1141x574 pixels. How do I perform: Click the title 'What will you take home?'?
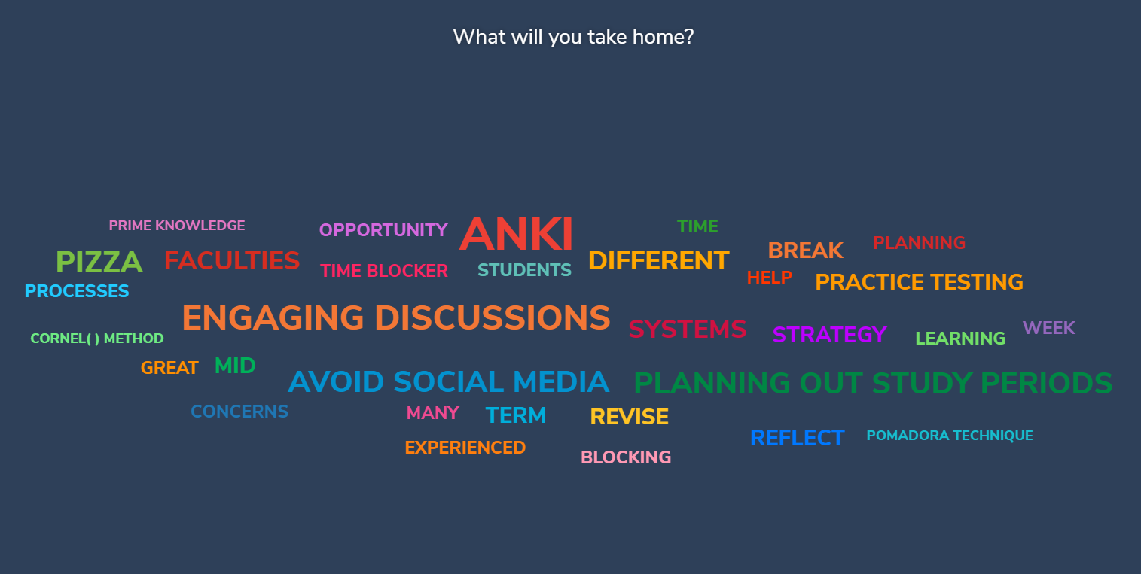point(573,37)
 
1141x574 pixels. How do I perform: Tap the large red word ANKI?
point(516,234)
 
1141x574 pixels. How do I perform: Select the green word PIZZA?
point(99,262)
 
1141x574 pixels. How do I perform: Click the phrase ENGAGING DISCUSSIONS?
point(396,317)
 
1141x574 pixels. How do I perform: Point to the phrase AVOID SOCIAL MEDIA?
point(448,381)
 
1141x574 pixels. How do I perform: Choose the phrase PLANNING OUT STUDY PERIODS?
point(873,383)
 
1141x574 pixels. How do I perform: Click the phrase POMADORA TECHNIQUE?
point(950,436)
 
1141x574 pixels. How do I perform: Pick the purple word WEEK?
point(1049,328)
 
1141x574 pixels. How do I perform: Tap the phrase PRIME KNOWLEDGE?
point(177,226)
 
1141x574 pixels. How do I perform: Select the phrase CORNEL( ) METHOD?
point(97,339)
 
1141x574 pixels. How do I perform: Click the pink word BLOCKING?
point(626,457)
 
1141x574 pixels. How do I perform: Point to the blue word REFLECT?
point(797,438)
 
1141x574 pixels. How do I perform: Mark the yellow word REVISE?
point(629,417)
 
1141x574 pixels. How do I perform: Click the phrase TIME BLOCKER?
point(384,271)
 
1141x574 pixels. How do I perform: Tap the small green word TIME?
point(697,226)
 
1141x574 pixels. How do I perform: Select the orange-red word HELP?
point(769,278)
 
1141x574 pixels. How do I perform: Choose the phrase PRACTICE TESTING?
point(919,282)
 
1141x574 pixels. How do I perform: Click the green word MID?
point(235,366)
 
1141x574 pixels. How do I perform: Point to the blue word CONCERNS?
point(239,412)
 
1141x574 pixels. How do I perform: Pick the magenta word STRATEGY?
point(829,334)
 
